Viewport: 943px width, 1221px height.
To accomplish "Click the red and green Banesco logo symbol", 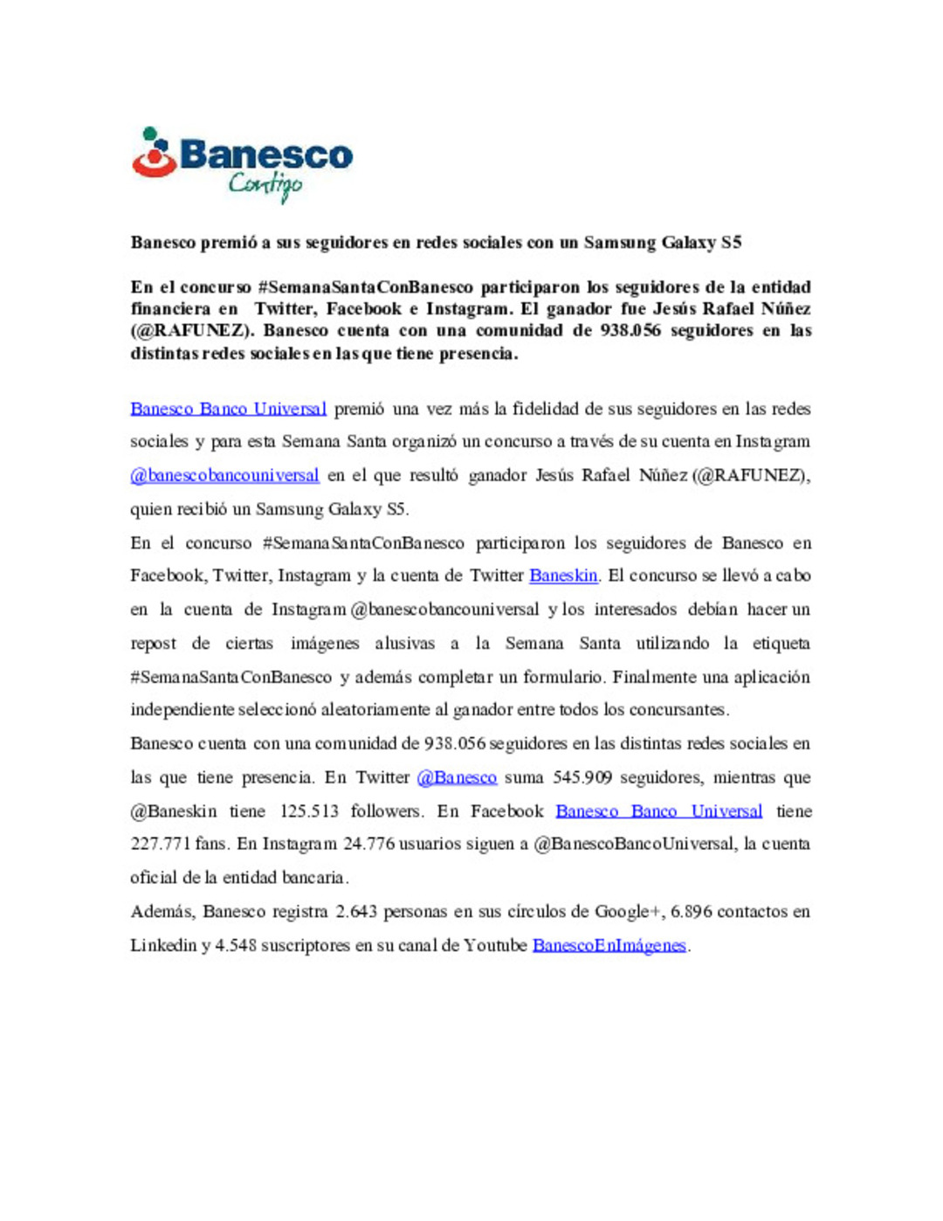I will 154,154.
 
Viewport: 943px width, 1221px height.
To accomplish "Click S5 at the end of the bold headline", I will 731,243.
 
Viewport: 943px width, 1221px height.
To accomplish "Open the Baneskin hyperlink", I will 563,576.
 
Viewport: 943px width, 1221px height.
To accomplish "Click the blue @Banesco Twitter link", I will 457,777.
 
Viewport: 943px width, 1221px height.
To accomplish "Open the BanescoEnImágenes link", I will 609,945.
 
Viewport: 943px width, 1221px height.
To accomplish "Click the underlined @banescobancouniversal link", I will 224,475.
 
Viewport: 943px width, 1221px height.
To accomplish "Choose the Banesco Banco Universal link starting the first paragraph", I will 228,409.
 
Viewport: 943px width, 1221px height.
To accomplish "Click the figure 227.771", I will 161,844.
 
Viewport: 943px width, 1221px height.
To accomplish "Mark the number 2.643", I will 356,912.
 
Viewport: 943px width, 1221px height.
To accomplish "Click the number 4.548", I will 236,945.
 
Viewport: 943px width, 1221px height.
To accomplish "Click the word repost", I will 154,645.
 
